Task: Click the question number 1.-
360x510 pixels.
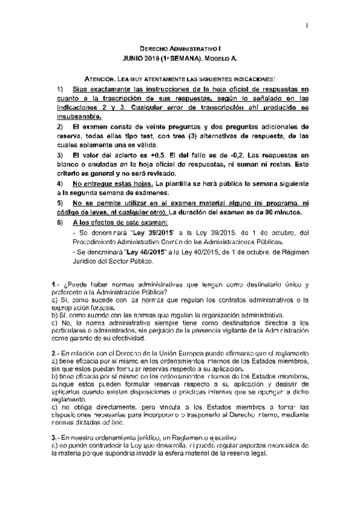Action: tap(56, 283)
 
